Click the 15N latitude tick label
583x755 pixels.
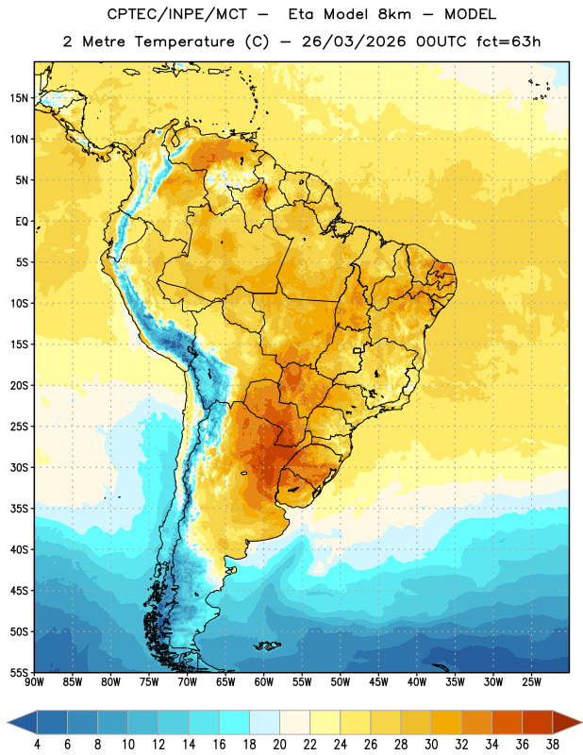click(19, 98)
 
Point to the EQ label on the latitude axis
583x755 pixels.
click(22, 222)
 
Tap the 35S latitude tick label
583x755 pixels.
click(19, 509)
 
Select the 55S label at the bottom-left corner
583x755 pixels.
click(19, 672)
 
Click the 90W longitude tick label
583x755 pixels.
click(34, 682)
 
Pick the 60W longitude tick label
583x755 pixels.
click(264, 682)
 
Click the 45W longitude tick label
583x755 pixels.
click(378, 682)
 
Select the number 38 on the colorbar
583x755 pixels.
click(552, 745)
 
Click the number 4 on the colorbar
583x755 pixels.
click(37, 745)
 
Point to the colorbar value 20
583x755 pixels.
click(279, 745)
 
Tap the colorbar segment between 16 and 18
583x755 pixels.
click(235, 721)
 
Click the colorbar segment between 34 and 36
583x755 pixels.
click(507, 721)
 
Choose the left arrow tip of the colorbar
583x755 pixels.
click(8, 722)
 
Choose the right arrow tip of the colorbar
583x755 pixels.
click(581, 722)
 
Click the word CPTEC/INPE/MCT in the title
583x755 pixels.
click(177, 14)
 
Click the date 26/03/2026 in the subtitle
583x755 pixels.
click(354, 42)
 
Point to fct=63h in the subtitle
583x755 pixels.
click(508, 42)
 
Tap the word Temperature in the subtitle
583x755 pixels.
click(184, 42)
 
